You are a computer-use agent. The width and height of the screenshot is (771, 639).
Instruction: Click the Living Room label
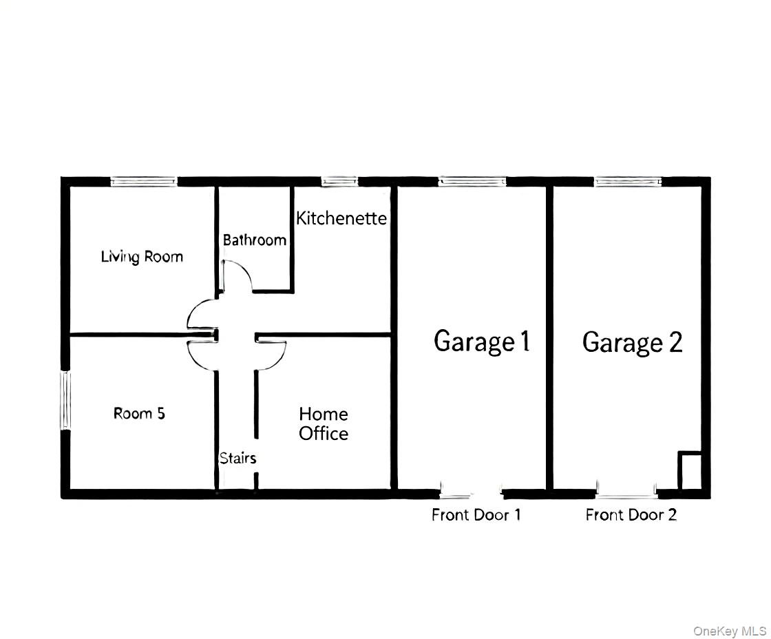pos(142,257)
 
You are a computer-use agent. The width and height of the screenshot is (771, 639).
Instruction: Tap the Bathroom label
pos(254,240)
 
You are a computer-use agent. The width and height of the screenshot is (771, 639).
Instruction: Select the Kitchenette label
pos(341,218)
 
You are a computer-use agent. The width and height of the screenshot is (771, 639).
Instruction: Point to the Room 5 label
pos(139,413)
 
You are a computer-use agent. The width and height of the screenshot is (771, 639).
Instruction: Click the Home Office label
pos(324,423)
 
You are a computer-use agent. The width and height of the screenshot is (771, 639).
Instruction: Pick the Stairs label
pos(237,458)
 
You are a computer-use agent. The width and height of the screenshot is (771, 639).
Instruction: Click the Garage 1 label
pos(482,342)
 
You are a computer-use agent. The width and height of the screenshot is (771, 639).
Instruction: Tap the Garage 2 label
pos(632,342)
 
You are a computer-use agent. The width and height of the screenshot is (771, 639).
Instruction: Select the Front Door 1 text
pos(476,514)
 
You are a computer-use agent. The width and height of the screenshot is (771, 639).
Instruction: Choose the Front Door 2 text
pos(631,514)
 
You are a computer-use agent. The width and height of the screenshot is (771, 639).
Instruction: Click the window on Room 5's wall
pos(66,400)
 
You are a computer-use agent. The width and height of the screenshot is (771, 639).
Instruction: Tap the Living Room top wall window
pos(144,181)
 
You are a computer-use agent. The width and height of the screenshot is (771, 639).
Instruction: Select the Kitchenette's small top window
pos(339,181)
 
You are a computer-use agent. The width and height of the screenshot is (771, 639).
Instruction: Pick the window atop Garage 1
pos(472,181)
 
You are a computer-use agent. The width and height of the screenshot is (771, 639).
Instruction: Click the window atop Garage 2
pos(628,181)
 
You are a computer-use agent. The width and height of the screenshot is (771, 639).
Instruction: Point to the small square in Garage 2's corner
pos(690,470)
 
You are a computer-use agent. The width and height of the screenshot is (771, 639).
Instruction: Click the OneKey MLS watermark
pos(729,630)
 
